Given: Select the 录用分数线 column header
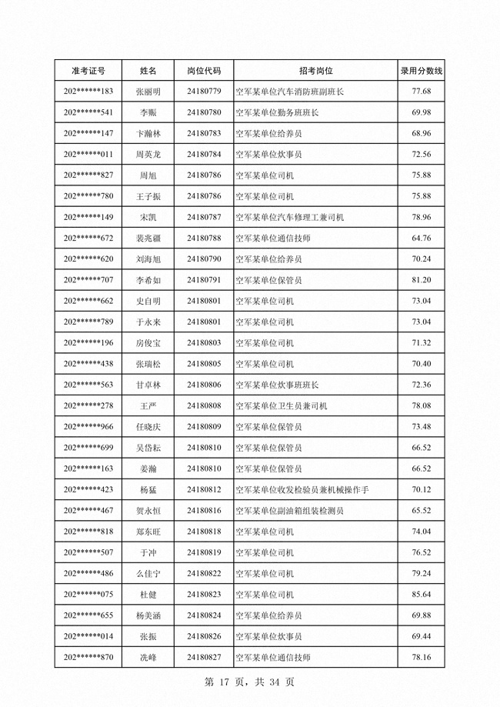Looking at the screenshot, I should tap(421, 71).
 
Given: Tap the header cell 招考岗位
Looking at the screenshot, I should tap(315, 71).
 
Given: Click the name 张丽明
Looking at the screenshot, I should tap(148, 92).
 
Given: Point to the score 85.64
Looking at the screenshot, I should tap(421, 595).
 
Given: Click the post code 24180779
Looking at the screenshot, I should tap(204, 92).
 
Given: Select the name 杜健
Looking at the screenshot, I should tap(148, 595).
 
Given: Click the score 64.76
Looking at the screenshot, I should tap(421, 238).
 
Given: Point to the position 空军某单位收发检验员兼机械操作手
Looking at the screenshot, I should tap(302, 490).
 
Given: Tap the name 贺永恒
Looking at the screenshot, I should tap(148, 511).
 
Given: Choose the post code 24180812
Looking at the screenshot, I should tap(204, 490).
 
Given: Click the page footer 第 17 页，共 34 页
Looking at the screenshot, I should tap(250, 682).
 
